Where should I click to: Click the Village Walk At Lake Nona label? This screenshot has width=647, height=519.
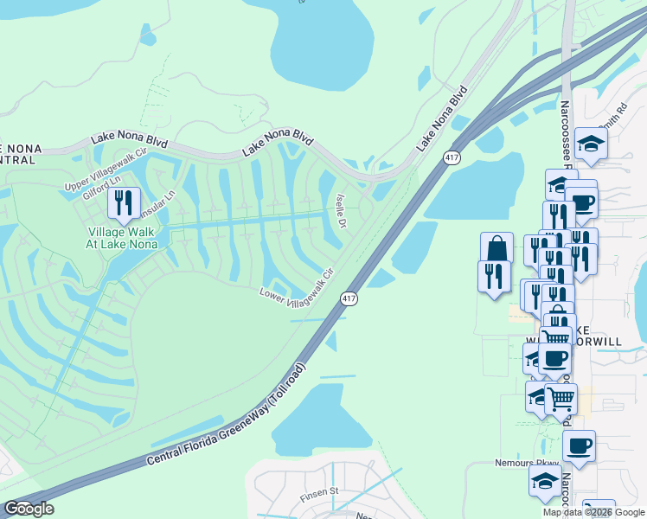123,237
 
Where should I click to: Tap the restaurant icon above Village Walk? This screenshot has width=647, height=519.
123,203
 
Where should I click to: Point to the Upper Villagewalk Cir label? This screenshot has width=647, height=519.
108,167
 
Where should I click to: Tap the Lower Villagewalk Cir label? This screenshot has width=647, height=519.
296,285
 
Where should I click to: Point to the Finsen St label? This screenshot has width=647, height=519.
317,497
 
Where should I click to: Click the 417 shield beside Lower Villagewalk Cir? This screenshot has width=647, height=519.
349,299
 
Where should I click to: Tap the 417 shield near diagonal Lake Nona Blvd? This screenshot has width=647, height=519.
452,157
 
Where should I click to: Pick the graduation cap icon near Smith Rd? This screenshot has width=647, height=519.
592,143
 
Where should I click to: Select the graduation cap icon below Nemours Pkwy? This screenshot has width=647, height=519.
544,483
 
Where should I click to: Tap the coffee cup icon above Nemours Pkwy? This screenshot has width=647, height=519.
579,446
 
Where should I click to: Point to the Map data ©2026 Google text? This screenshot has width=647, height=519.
594,512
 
